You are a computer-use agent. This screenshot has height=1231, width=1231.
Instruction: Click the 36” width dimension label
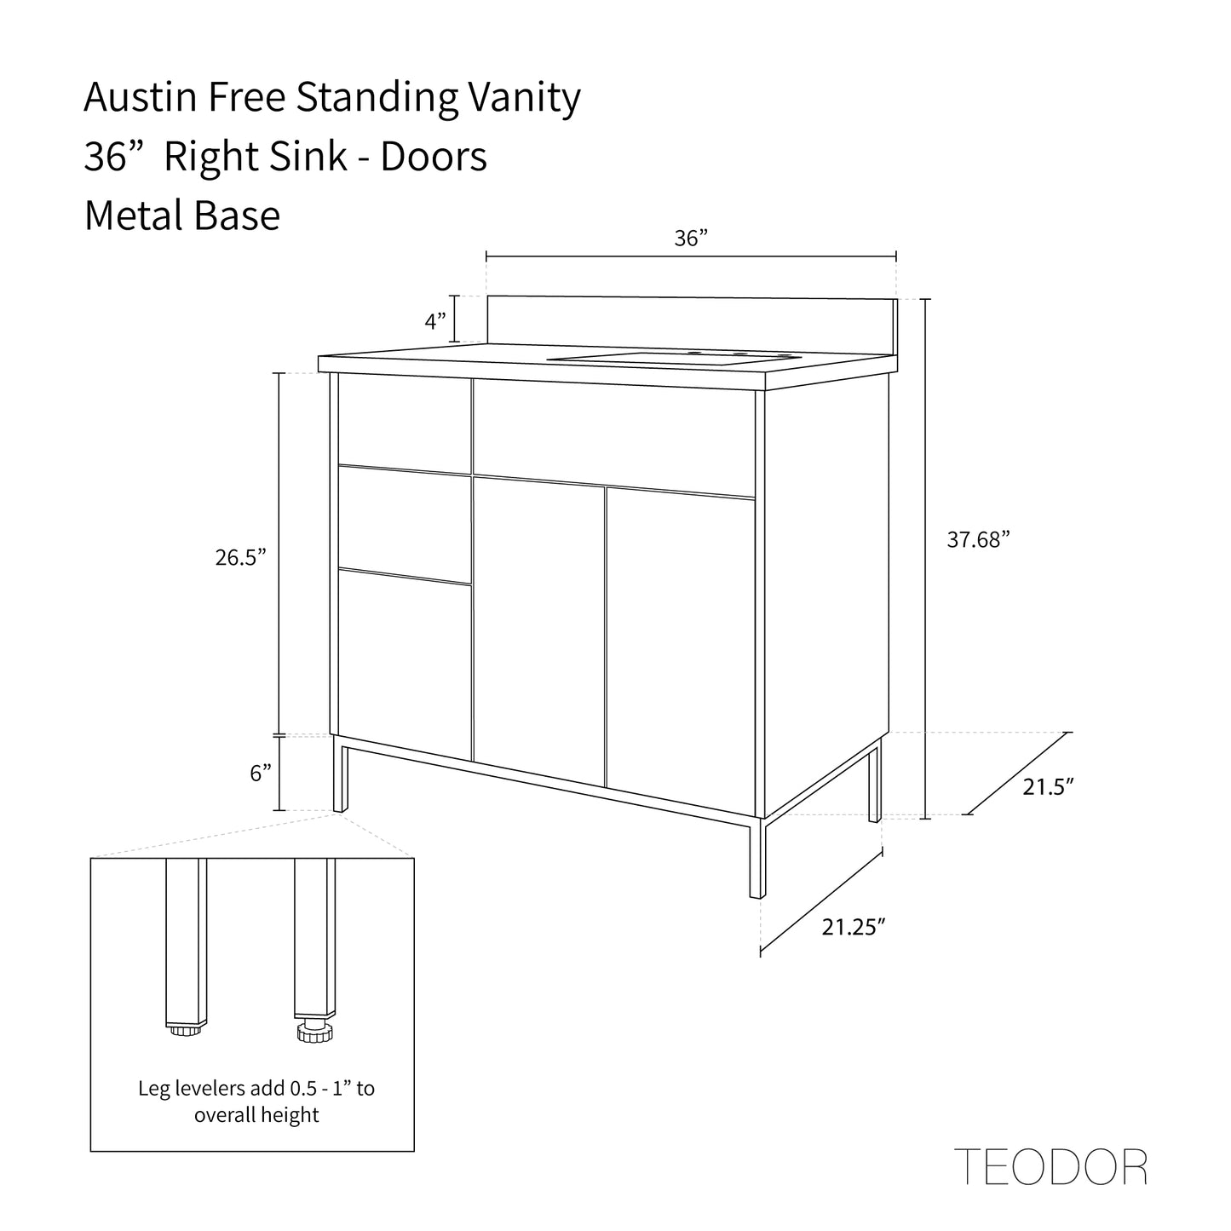point(691,239)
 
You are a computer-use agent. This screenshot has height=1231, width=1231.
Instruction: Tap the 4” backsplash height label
point(435,320)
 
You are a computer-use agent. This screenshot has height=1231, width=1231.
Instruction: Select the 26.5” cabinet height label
point(240,557)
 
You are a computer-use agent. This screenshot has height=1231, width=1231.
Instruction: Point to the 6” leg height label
point(261,773)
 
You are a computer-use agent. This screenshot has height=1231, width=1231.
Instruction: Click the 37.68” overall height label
point(978,539)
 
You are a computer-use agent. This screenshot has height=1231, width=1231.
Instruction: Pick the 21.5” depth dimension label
point(1049,787)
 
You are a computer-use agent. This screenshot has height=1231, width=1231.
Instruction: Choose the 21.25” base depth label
point(854,927)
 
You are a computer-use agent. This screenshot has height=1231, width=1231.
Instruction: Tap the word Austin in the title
point(140,97)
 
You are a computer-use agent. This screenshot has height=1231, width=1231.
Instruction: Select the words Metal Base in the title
point(182,216)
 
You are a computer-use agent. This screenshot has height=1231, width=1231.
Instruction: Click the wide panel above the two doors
point(614,438)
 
